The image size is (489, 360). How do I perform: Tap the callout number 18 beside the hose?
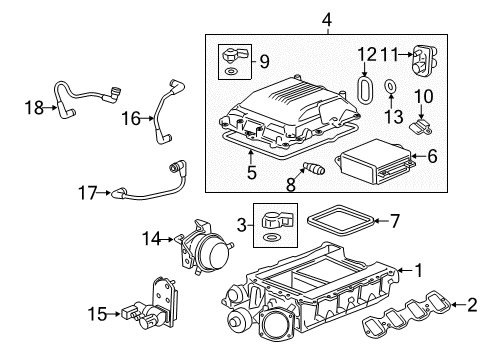point(32,105)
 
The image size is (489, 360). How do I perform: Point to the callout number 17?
point(89,189)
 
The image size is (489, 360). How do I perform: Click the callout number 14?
point(152,266)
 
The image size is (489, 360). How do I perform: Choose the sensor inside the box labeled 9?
point(232,56)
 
